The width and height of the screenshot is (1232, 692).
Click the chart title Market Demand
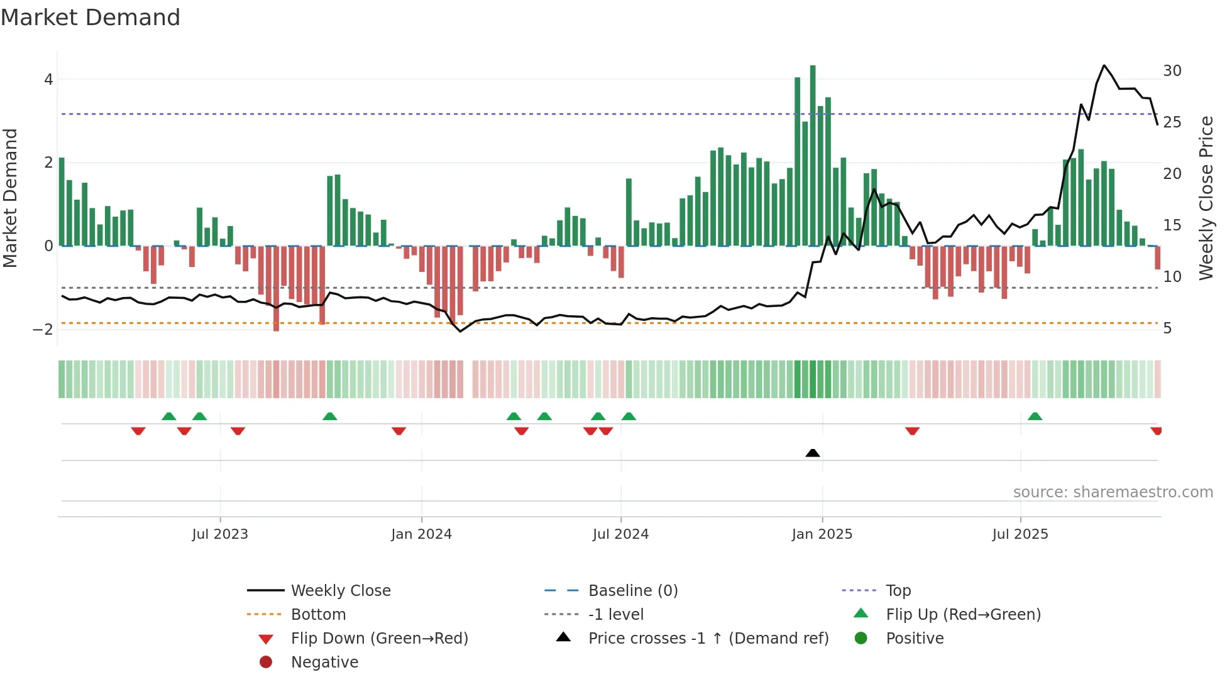[91, 18]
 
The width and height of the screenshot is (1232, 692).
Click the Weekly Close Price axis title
[1206, 198]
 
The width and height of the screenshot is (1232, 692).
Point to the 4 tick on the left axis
[48, 80]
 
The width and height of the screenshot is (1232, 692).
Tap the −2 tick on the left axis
[43, 330]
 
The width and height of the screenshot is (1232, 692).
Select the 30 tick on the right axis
[1172, 71]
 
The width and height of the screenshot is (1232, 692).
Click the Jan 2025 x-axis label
[822, 534]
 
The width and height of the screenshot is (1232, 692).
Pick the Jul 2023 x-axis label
[220, 534]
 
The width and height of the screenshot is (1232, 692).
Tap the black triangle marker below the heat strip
[813, 453]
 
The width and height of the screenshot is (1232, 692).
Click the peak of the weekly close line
[1104, 65]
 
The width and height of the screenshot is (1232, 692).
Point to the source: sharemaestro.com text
[1113, 492]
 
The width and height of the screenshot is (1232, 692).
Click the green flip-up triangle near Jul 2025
[1035, 416]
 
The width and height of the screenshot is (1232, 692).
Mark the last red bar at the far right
[1157, 257]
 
